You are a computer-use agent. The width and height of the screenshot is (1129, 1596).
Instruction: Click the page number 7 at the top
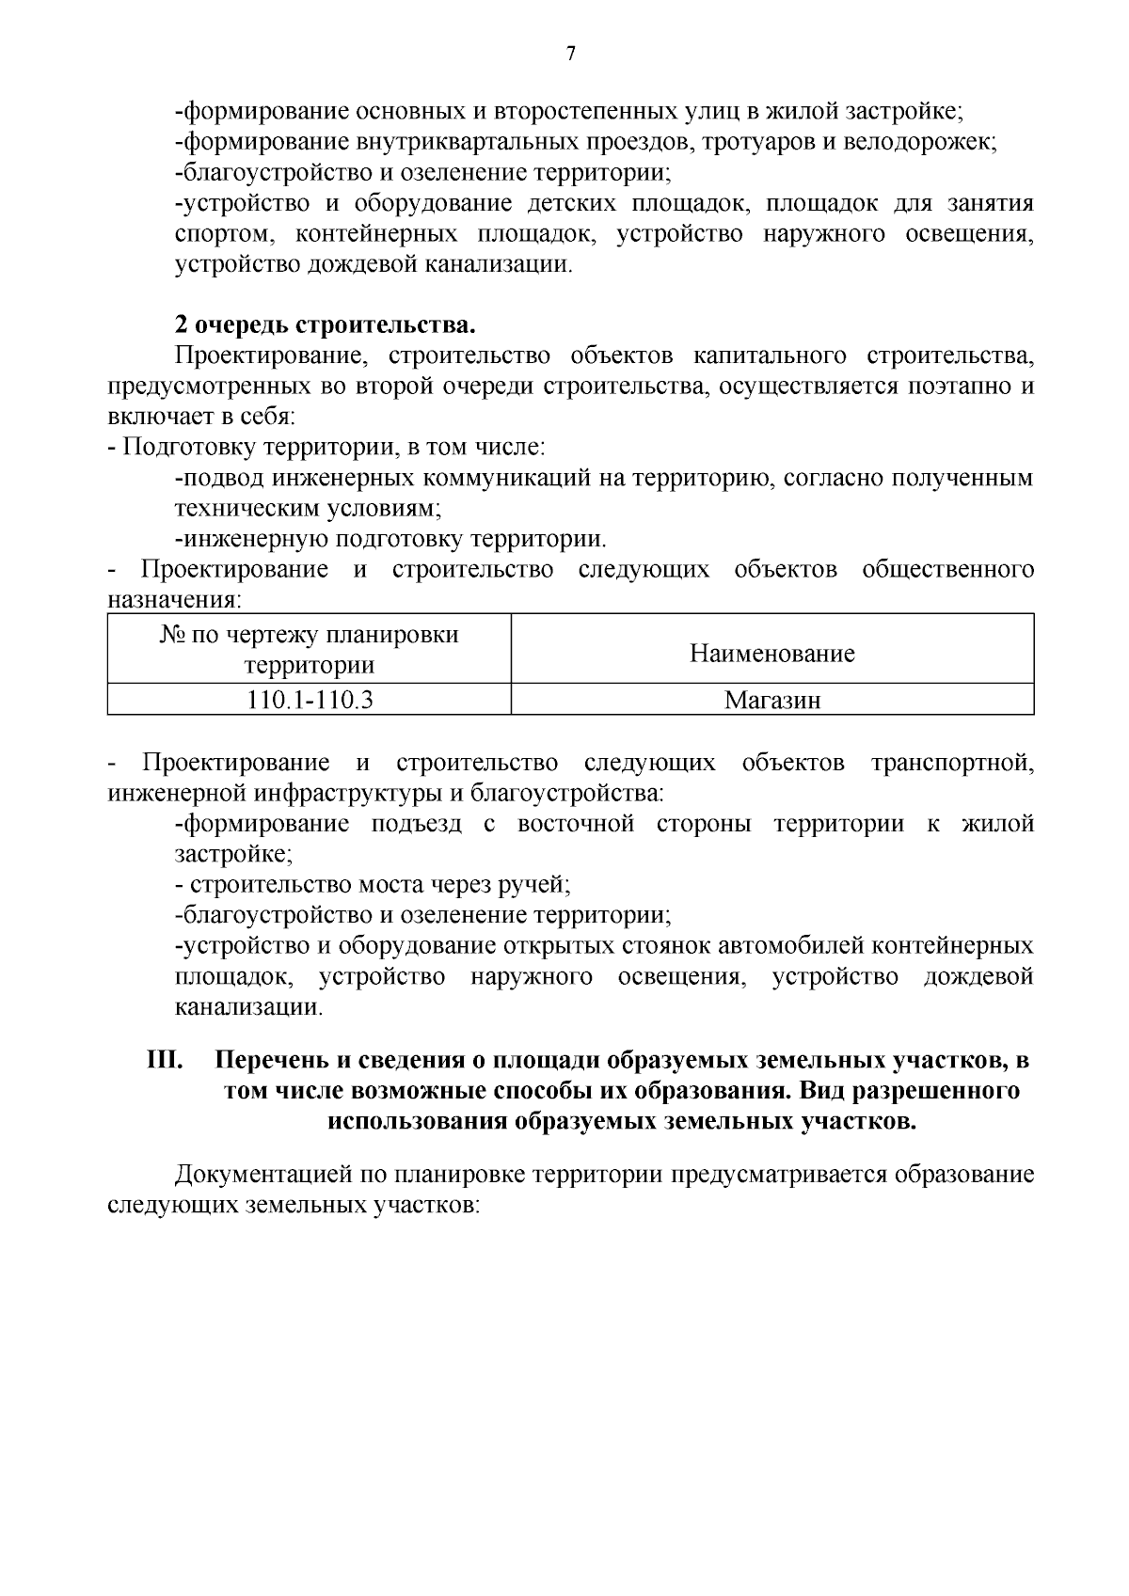570,54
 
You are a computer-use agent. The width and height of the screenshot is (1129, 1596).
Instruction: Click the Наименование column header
771,653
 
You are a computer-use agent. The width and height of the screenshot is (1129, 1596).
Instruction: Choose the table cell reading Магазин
771,701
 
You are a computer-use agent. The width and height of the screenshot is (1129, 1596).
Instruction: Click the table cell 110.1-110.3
310,701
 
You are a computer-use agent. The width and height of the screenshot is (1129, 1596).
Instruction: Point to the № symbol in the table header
172,635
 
